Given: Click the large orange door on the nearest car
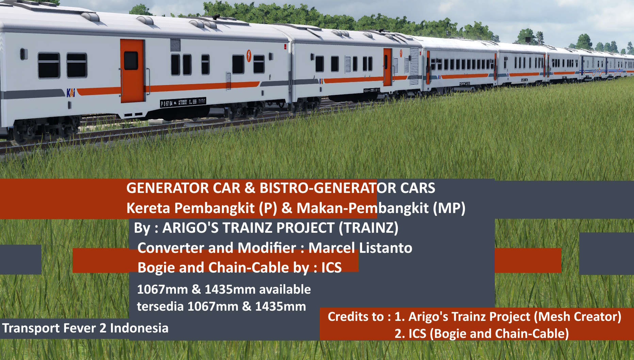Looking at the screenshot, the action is (132, 71).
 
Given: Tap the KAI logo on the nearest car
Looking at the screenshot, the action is (71, 93).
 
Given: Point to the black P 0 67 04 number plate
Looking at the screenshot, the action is (183, 102).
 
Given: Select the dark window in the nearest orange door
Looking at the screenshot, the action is (131, 61).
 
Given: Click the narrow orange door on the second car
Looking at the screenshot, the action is (387, 67).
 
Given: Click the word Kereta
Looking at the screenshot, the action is (148, 208).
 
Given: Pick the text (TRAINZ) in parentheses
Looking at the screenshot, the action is (368, 228).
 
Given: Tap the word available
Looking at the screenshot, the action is (285, 289).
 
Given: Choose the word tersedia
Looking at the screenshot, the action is (160, 306).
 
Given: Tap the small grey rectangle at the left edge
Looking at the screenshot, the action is (21, 259).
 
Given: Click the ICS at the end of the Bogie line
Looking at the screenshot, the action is (331, 267).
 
